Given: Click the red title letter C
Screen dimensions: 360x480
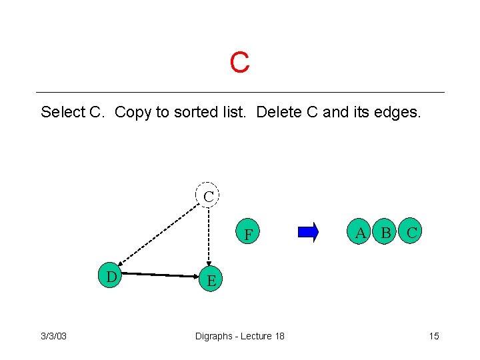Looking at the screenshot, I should click(x=239, y=63).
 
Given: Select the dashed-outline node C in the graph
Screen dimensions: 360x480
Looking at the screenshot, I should click(x=209, y=196).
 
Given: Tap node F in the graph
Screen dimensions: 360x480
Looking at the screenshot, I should click(x=248, y=234).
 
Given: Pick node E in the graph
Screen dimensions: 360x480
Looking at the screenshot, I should click(x=211, y=280).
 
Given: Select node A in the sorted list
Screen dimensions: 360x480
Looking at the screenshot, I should click(x=361, y=233).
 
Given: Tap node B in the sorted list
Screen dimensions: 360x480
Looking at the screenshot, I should click(x=385, y=233).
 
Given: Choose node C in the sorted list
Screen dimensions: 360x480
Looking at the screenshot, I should click(x=412, y=233).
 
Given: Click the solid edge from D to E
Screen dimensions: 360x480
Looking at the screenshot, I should click(x=160, y=274).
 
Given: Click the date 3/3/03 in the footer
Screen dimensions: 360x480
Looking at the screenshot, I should click(x=54, y=336).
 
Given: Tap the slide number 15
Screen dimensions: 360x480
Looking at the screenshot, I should click(x=434, y=336).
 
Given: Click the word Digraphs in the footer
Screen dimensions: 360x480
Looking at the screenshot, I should click(x=213, y=336).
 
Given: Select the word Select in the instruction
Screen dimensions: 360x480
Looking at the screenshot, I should click(x=63, y=112).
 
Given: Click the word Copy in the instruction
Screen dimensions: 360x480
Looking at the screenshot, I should click(x=133, y=112).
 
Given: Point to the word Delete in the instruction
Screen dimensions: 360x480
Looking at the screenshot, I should click(x=278, y=112).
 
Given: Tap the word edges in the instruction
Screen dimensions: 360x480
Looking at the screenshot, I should click(x=399, y=112).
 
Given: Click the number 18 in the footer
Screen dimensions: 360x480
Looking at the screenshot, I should click(x=279, y=336).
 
